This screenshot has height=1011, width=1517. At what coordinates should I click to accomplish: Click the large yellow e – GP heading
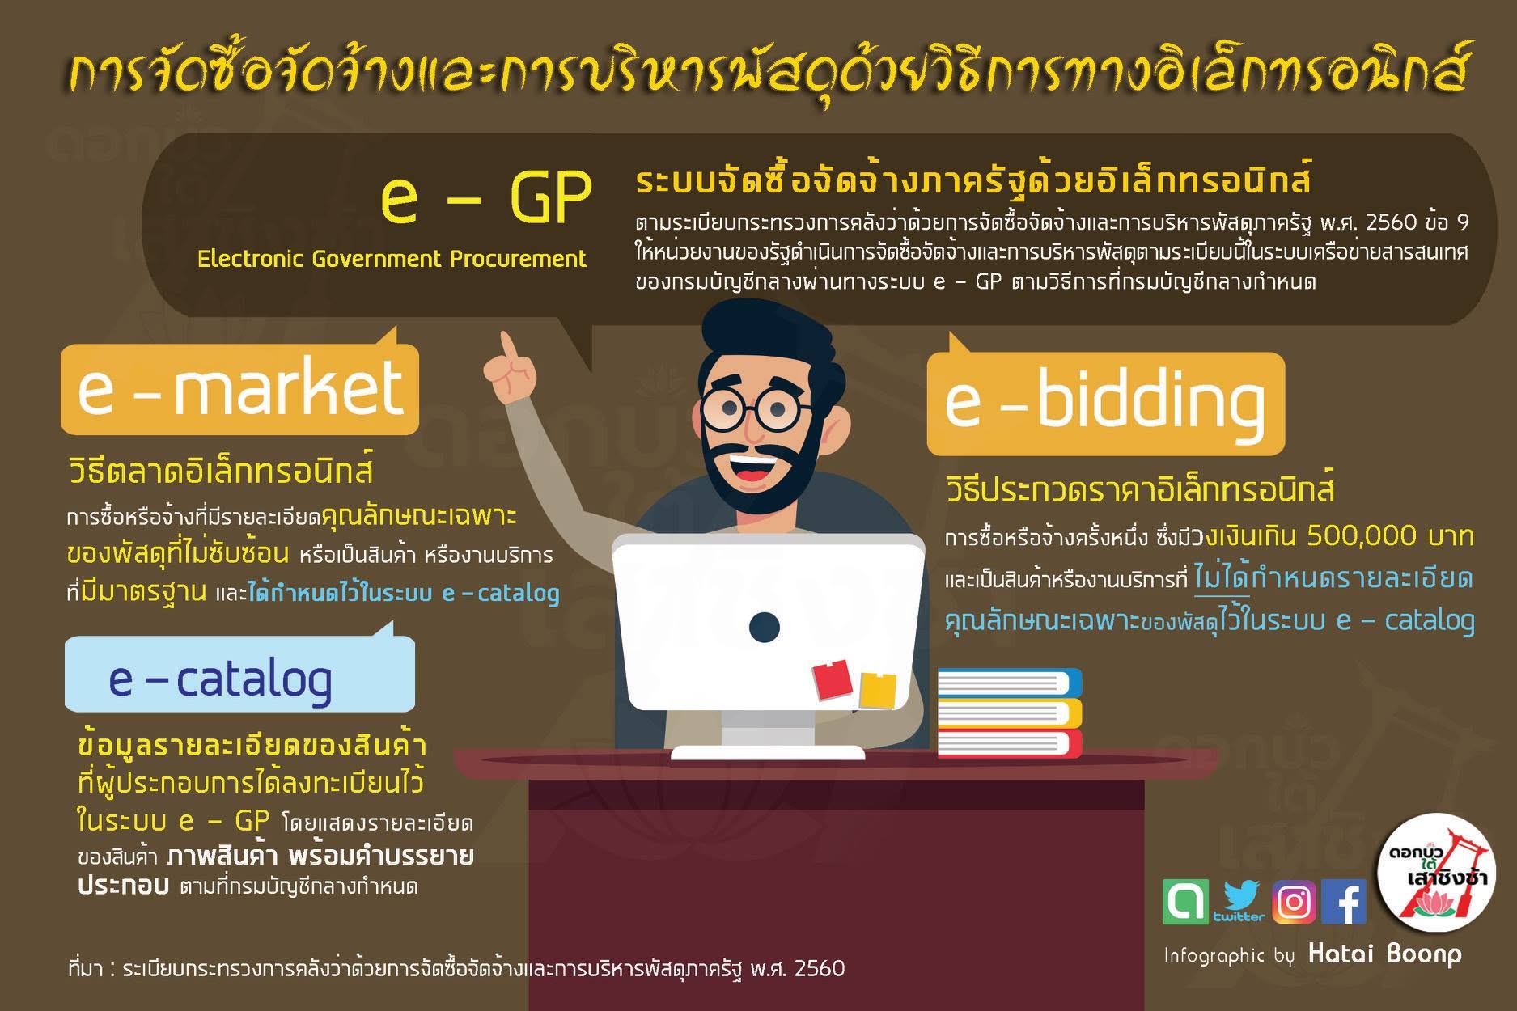coord(486,198)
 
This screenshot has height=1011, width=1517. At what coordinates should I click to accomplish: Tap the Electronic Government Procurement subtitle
coord(392,259)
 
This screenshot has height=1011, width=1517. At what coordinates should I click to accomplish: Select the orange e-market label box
coord(239,388)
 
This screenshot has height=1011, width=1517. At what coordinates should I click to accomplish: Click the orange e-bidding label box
coord(1105,402)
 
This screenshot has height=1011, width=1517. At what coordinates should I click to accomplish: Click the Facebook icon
coord(1344,901)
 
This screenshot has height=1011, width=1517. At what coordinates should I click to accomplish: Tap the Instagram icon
coord(1294,901)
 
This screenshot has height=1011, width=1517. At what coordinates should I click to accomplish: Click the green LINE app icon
coord(1185,901)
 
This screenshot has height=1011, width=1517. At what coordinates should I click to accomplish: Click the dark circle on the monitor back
coord(764,626)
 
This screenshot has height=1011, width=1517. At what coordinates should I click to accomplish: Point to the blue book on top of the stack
coord(1010,683)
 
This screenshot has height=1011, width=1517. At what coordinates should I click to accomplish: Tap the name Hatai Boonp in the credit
coord(1385,954)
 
